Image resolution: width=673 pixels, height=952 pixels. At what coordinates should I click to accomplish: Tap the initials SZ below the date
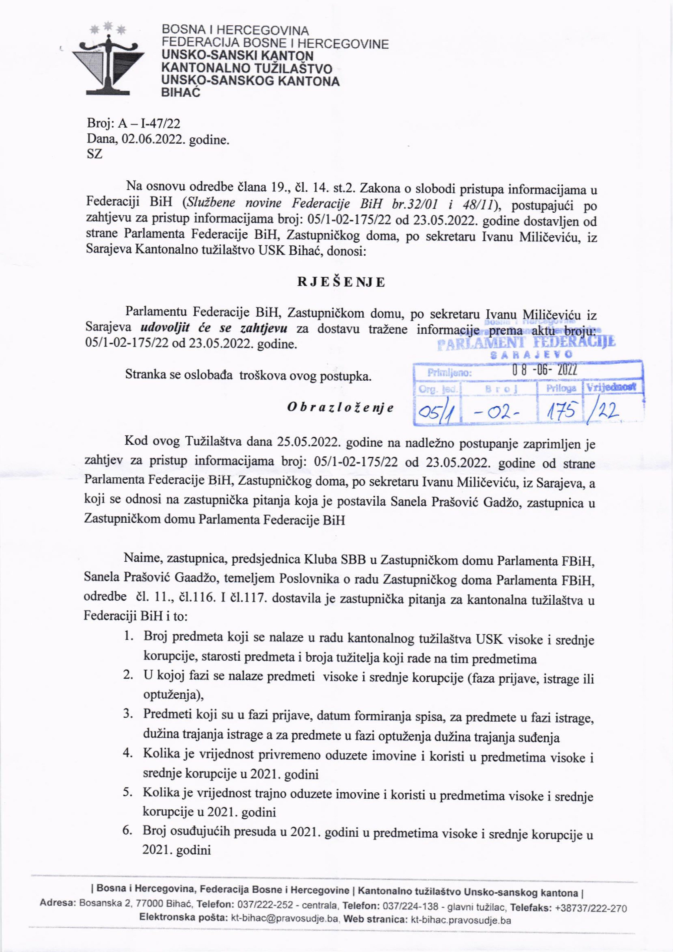[x=94, y=155]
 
